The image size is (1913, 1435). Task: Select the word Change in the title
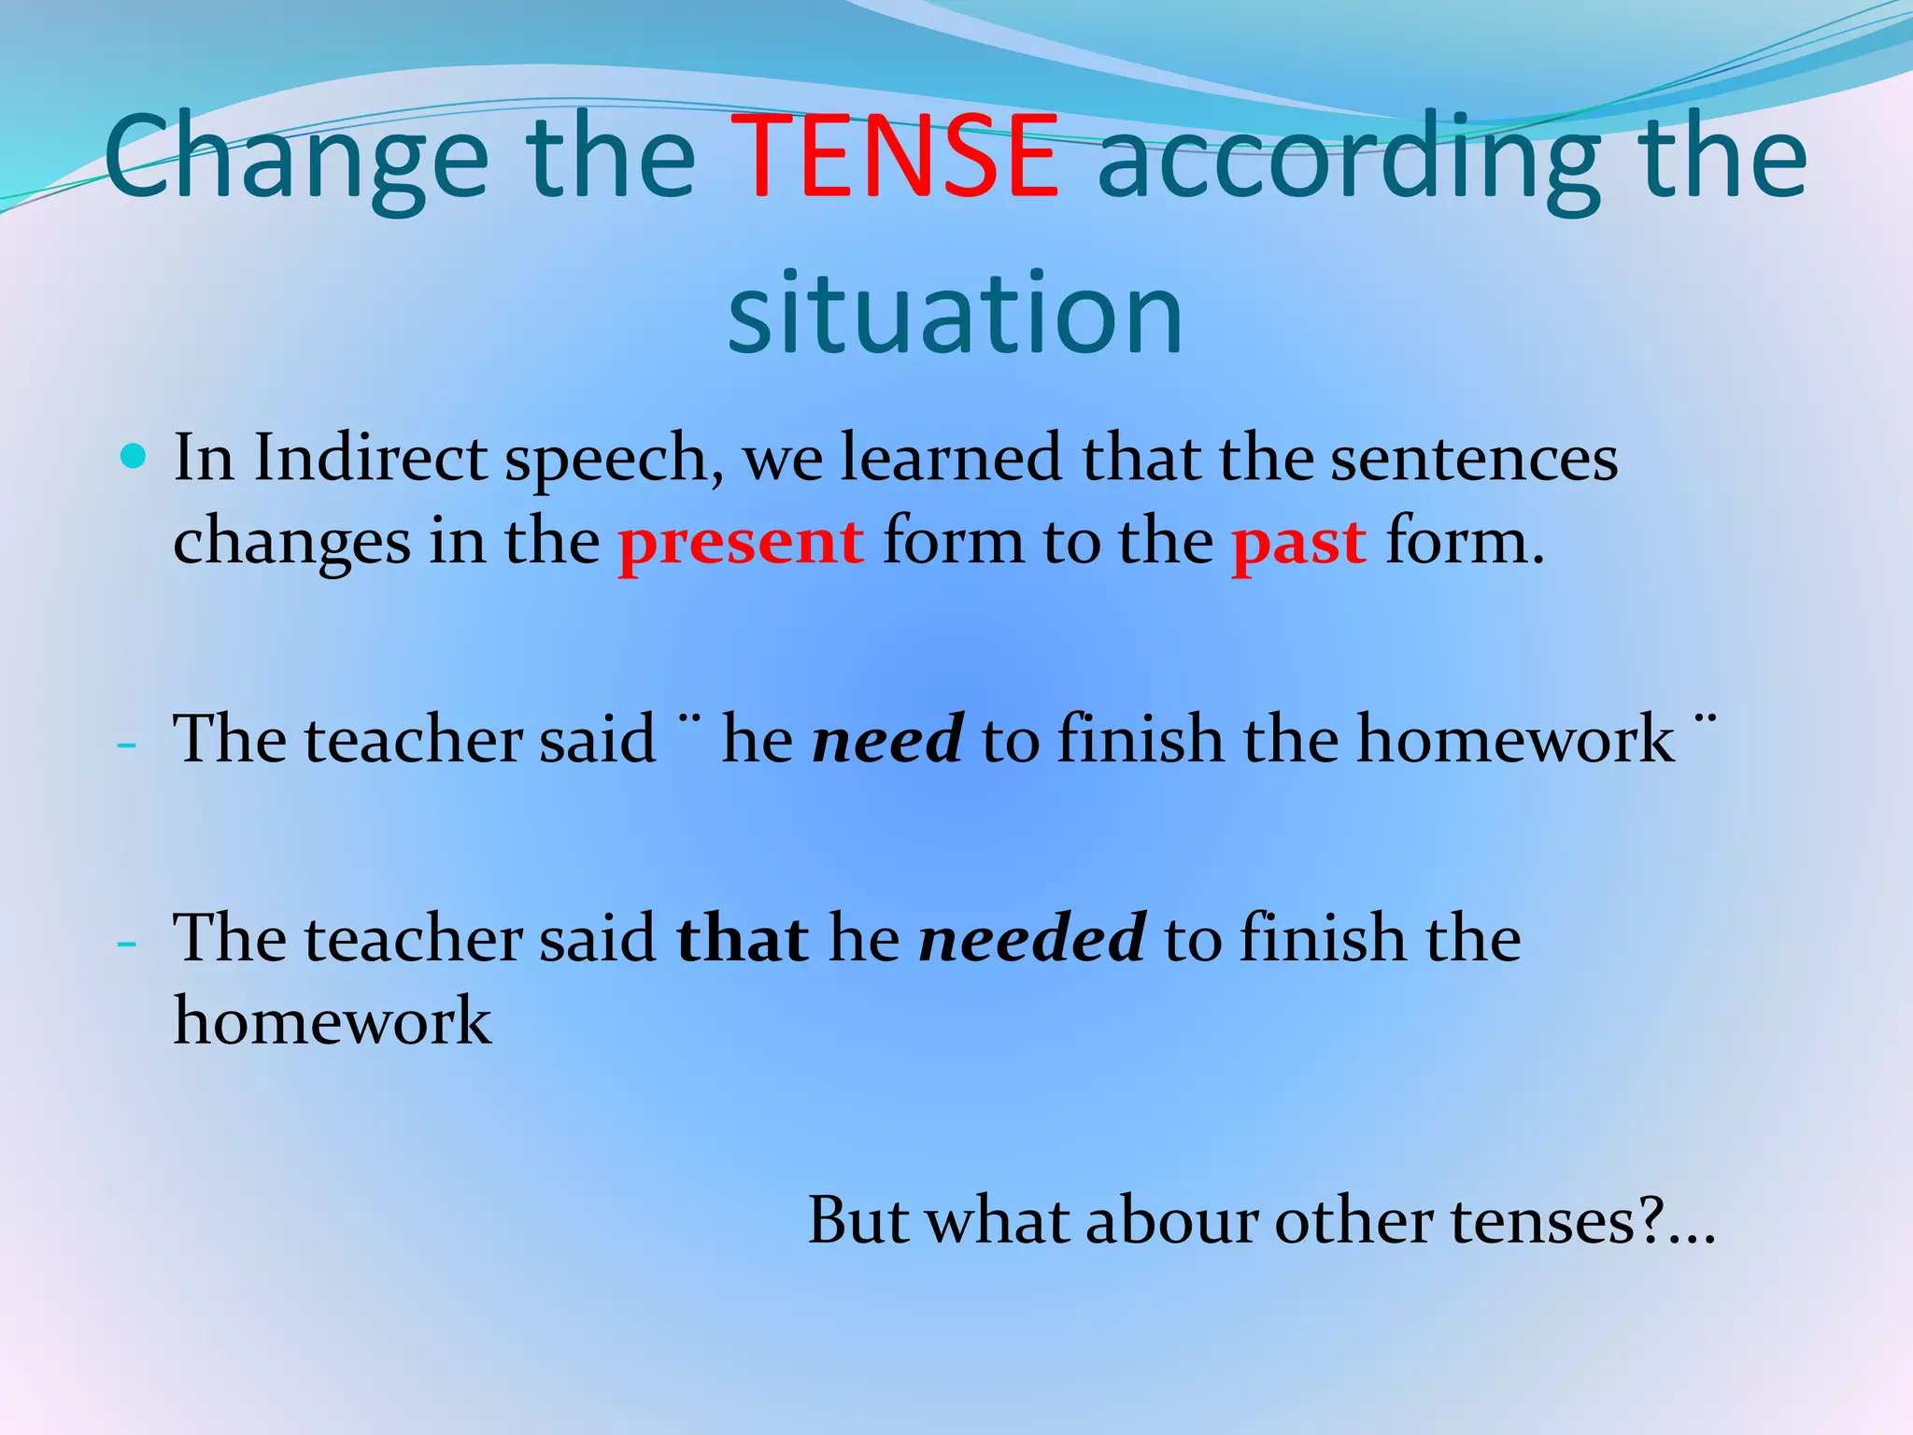[x=296, y=159]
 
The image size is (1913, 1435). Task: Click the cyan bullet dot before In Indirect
[x=135, y=457]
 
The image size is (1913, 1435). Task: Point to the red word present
[x=741, y=542]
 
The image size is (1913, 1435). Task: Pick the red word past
[x=1298, y=542]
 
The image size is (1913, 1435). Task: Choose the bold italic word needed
[x=1032, y=938]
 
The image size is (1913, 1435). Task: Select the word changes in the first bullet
[x=291, y=542]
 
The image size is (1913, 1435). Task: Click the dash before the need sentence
[x=127, y=746]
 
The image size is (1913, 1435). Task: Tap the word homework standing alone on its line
[x=333, y=1020]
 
